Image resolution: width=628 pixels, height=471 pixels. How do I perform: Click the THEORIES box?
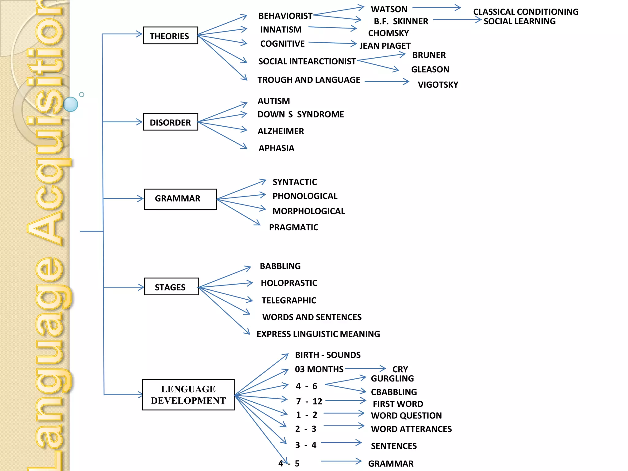(x=170, y=36)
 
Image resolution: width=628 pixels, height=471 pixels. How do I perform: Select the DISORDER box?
(x=170, y=122)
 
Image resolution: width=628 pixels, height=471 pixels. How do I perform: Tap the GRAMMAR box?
(x=180, y=199)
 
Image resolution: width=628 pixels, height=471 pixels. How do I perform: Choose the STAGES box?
(x=171, y=287)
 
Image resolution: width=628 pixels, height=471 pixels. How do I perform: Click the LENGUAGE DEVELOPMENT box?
(x=188, y=395)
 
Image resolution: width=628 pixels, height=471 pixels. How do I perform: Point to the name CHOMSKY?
(x=388, y=33)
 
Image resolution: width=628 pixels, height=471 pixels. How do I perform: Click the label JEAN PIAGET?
(x=385, y=46)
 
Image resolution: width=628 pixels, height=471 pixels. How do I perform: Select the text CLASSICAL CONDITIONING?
(x=526, y=12)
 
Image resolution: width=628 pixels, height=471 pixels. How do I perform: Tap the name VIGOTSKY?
(x=438, y=85)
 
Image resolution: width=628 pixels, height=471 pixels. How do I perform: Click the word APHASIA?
(x=276, y=148)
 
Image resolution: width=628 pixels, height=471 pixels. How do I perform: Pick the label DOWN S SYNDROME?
(x=301, y=114)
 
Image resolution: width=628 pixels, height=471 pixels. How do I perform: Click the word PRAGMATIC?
(x=293, y=227)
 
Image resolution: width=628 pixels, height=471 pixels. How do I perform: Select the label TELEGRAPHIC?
(x=289, y=300)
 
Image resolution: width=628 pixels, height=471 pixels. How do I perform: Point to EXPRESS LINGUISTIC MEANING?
(x=318, y=334)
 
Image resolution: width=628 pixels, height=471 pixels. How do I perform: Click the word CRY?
(x=400, y=369)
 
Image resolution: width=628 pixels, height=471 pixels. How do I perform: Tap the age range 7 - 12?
(x=309, y=401)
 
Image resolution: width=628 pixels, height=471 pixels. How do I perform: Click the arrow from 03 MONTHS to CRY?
(x=365, y=368)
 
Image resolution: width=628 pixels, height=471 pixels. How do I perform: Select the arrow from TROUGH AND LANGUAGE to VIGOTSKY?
(x=386, y=82)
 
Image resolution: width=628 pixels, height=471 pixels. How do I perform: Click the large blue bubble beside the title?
(x=71, y=104)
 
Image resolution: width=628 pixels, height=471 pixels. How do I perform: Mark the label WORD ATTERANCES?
(x=411, y=429)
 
